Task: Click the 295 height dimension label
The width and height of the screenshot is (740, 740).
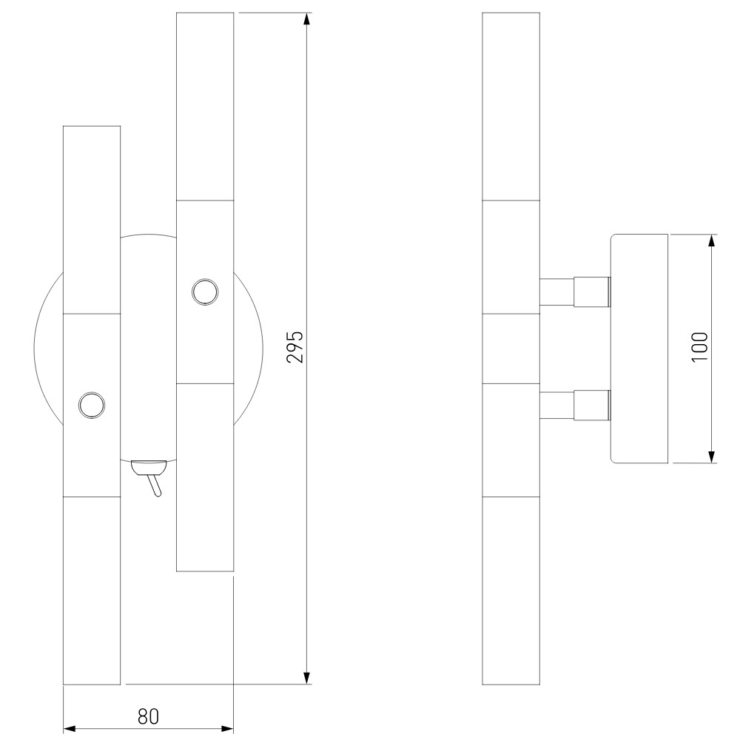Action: tap(295, 347)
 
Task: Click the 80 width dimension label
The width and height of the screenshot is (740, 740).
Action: tap(148, 716)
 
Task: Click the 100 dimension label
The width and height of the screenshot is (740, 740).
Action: tap(700, 348)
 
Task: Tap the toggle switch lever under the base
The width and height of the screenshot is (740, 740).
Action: tap(155, 485)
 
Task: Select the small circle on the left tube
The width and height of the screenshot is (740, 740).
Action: tap(92, 405)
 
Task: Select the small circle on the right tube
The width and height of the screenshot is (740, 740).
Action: tap(205, 292)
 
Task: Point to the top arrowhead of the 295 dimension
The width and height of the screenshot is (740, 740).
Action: tap(307, 19)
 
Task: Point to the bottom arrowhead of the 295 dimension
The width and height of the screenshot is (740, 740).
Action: tap(307, 678)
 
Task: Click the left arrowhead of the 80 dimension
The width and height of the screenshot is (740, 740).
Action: tap(70, 729)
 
